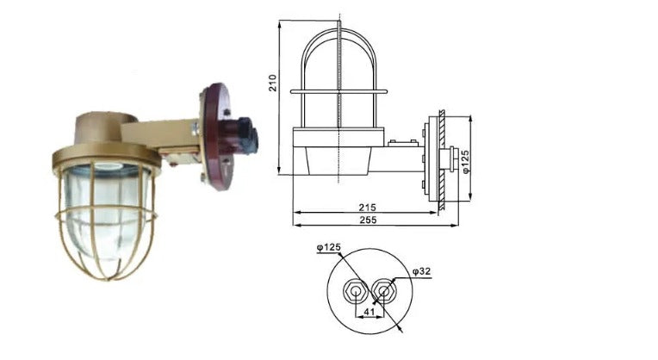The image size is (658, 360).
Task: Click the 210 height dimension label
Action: point(273,83)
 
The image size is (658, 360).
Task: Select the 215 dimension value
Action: point(368,208)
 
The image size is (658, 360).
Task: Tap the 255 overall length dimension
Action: point(368,221)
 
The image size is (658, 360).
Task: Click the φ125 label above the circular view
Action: point(328,248)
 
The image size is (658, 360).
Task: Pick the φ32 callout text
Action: point(421,272)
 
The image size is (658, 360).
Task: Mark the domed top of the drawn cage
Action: point(339,39)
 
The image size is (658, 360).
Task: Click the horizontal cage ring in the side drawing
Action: point(339,90)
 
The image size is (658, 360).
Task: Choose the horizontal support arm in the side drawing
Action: point(400,160)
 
